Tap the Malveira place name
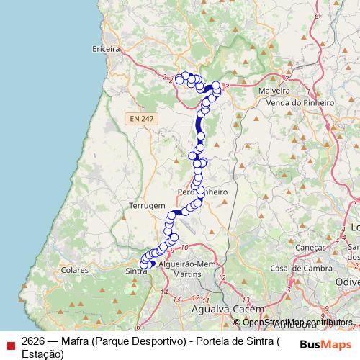[274, 92]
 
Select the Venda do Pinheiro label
[301, 103]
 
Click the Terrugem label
[147, 205]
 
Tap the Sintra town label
[136, 271]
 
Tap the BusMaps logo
[325, 344]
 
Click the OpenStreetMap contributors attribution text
[292, 322]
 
